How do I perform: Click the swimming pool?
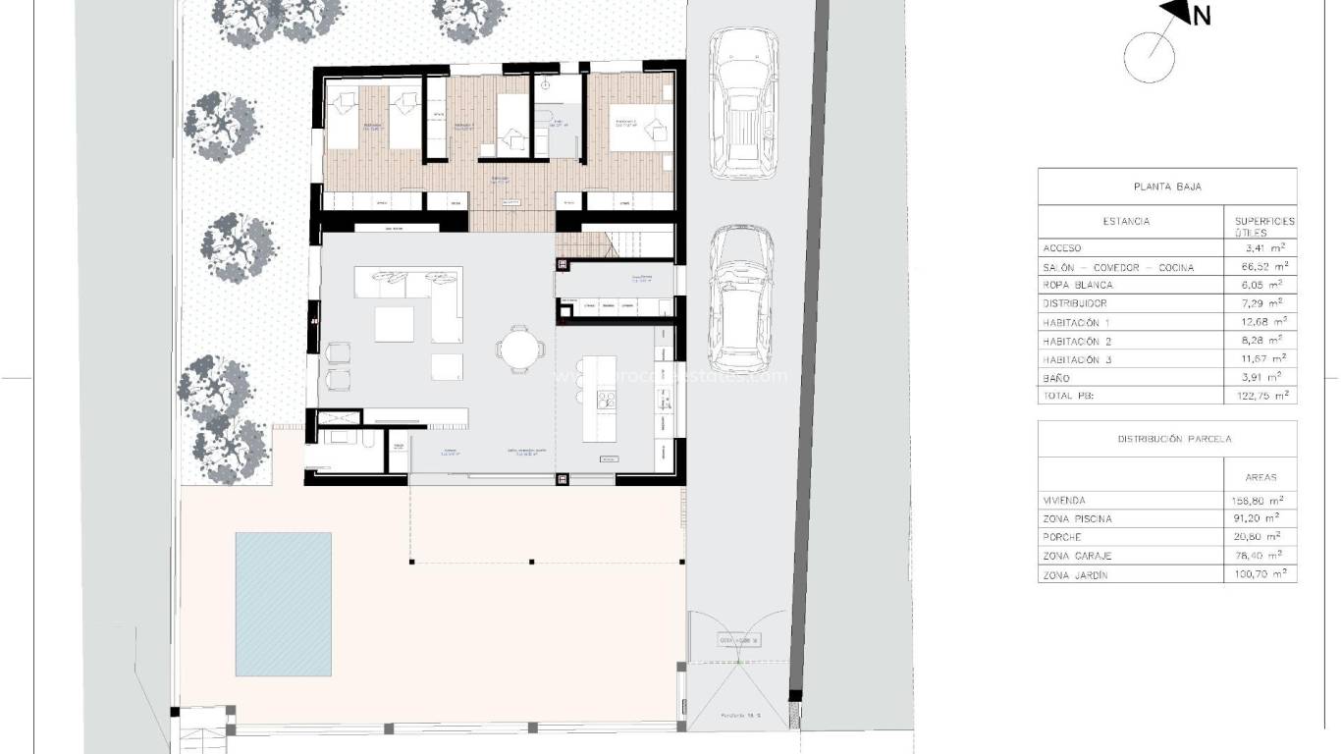click(x=283, y=603)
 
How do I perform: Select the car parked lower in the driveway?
click(x=741, y=295)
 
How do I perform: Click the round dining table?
click(x=517, y=348)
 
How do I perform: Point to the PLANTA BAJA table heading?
click(x=1167, y=187)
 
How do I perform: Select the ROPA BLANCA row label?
click(x=1078, y=286)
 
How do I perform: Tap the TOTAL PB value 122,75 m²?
click(x=1261, y=396)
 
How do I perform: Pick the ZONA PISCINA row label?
click(x=1078, y=519)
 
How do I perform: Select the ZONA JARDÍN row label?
click(x=1075, y=575)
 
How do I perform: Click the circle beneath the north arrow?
click(x=1149, y=57)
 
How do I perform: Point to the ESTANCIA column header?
click(x=1126, y=222)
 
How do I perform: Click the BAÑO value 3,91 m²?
click(x=1264, y=378)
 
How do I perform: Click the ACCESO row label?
click(x=1062, y=248)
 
